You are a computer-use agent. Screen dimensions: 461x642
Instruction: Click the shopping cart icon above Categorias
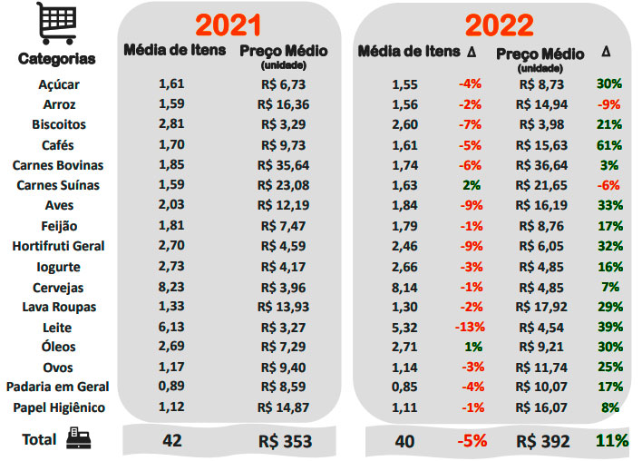click(x=56, y=25)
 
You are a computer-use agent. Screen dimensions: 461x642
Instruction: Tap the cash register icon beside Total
click(x=79, y=440)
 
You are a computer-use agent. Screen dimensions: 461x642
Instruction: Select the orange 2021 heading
click(x=229, y=25)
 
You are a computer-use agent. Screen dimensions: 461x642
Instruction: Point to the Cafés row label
click(x=58, y=144)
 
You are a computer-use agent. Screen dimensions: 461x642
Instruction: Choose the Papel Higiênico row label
click(x=58, y=407)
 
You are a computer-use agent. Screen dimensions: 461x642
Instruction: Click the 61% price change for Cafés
click(x=609, y=144)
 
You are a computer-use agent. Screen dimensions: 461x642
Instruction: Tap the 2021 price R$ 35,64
click(x=283, y=165)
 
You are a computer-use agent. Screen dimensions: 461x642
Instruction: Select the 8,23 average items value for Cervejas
click(x=171, y=287)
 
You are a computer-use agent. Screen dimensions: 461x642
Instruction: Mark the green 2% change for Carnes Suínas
click(x=472, y=185)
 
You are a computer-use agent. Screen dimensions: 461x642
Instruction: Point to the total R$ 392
click(x=543, y=441)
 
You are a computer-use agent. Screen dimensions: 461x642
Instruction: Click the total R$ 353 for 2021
click(x=285, y=441)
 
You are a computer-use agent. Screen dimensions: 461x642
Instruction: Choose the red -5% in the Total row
click(x=471, y=441)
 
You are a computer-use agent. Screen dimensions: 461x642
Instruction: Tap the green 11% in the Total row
click(x=612, y=441)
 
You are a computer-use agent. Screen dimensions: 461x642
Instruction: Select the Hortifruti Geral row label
click(x=58, y=246)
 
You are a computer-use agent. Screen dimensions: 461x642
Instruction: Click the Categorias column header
click(x=56, y=59)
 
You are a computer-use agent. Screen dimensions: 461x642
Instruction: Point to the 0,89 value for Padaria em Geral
click(x=171, y=387)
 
